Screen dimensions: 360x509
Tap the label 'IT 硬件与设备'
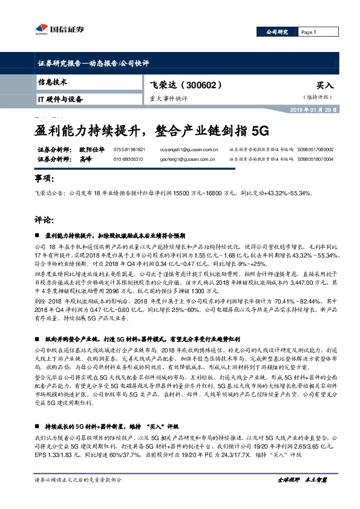pos(60,98)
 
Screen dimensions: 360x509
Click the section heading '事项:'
pos(44,180)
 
